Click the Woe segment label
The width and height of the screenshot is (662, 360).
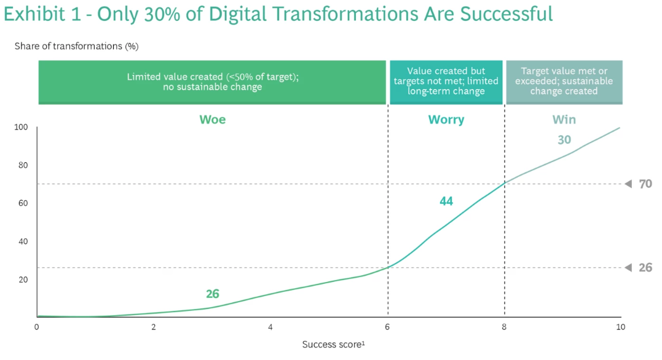coord(212,119)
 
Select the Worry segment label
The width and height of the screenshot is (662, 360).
coord(446,120)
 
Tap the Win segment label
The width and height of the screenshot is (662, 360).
coord(564,119)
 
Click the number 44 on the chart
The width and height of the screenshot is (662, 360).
coord(446,202)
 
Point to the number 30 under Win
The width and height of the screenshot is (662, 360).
coord(564,139)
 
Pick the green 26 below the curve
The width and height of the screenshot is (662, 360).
coord(212,294)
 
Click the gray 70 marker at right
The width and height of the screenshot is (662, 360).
coord(645,184)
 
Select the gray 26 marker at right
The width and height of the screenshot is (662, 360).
coord(645,268)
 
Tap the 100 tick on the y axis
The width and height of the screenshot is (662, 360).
coord(21,127)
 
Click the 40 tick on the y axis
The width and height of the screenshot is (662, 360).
coord(23,241)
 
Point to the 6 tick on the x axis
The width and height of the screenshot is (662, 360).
coord(387,327)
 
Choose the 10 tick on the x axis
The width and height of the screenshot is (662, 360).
coord(620,327)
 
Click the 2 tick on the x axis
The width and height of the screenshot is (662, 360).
coord(154,327)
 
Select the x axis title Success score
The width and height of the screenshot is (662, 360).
coord(334,345)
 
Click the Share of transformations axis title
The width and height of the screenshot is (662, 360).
coord(76,46)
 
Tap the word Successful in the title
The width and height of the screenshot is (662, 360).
coord(506,14)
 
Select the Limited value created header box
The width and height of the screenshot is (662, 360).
coord(212,82)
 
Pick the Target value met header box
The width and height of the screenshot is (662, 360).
coord(564,82)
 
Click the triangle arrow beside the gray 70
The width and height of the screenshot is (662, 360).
coord(629,184)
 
